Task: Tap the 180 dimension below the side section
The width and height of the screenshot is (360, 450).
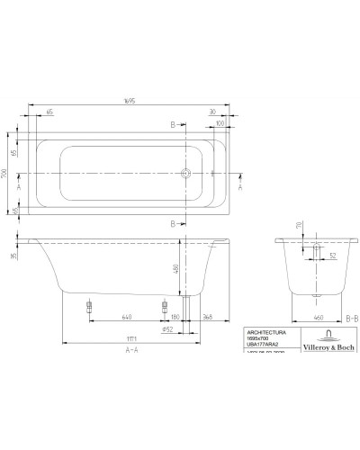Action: click(x=175, y=317)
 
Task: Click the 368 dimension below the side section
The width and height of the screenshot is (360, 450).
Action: click(x=208, y=317)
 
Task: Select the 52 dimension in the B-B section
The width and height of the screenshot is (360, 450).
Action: click(x=332, y=255)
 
